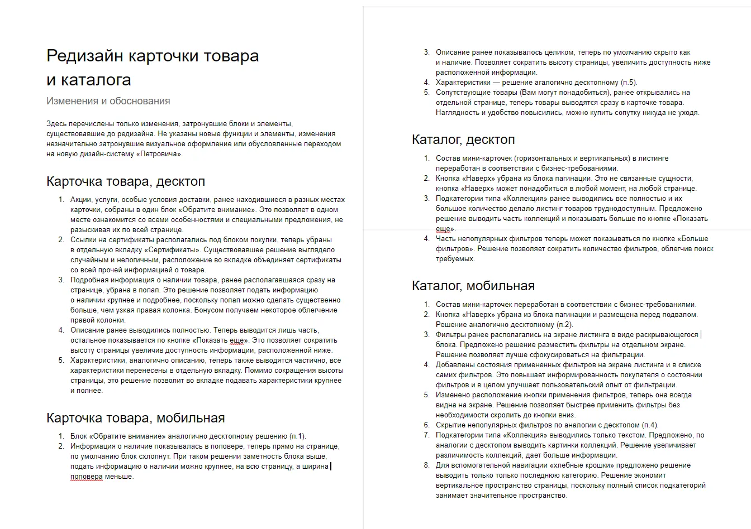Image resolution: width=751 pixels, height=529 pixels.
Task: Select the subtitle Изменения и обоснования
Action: (x=108, y=101)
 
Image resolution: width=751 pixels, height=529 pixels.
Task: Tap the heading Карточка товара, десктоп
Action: (x=126, y=181)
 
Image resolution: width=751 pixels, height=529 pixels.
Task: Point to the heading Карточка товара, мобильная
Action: (x=135, y=418)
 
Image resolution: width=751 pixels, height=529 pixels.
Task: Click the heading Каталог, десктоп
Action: (x=463, y=139)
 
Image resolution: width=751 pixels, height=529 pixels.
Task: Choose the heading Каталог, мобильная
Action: (x=473, y=285)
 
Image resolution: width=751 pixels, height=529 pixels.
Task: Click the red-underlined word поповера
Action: (x=87, y=477)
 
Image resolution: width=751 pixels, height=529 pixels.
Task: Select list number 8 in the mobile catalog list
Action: (x=426, y=465)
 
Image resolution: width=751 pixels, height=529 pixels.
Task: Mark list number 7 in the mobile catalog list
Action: (x=426, y=435)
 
